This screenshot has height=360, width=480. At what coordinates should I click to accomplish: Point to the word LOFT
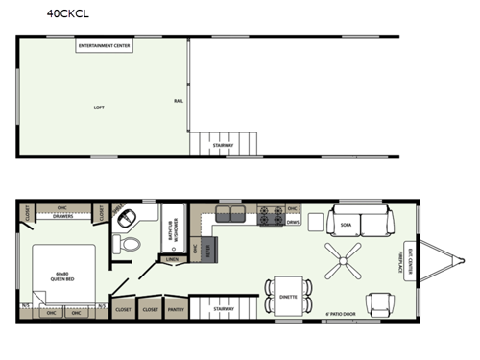[x=98, y=107]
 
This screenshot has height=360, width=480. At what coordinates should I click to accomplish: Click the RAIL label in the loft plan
[x=179, y=100]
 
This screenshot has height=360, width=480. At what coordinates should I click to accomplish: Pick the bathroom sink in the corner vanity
[x=124, y=217]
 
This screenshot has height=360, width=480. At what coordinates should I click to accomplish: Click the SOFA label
[x=347, y=225]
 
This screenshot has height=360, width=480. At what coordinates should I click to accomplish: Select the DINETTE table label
[x=287, y=297]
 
